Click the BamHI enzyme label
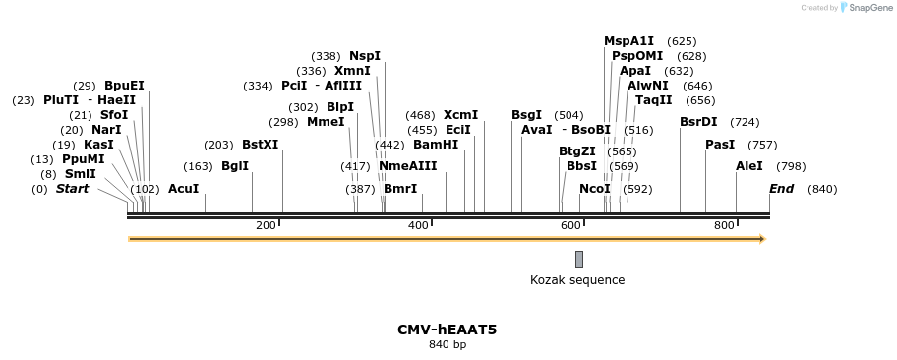pyautogui.click(x=436, y=145)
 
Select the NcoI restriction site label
pyautogui.click(x=594, y=188)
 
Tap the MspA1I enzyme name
pyautogui.click(x=628, y=41)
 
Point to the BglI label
pyautogui.click(x=235, y=166)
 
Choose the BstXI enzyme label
pyautogui.click(x=260, y=145)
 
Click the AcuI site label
pyautogui.click(x=183, y=188)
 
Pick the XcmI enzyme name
pyautogui.click(x=460, y=115)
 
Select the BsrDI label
pyautogui.click(x=698, y=122)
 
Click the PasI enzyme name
pyautogui.click(x=720, y=145)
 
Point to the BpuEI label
pyautogui.click(x=124, y=86)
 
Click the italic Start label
pyautogui.click(x=72, y=188)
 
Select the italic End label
pyautogui.click(x=781, y=188)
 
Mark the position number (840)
pyautogui.click(x=822, y=189)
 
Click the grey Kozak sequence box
pyautogui.click(x=579, y=259)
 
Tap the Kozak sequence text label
pyautogui.click(x=577, y=280)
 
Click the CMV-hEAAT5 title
pyautogui.click(x=447, y=330)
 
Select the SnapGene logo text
pyautogui.click(x=867, y=8)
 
